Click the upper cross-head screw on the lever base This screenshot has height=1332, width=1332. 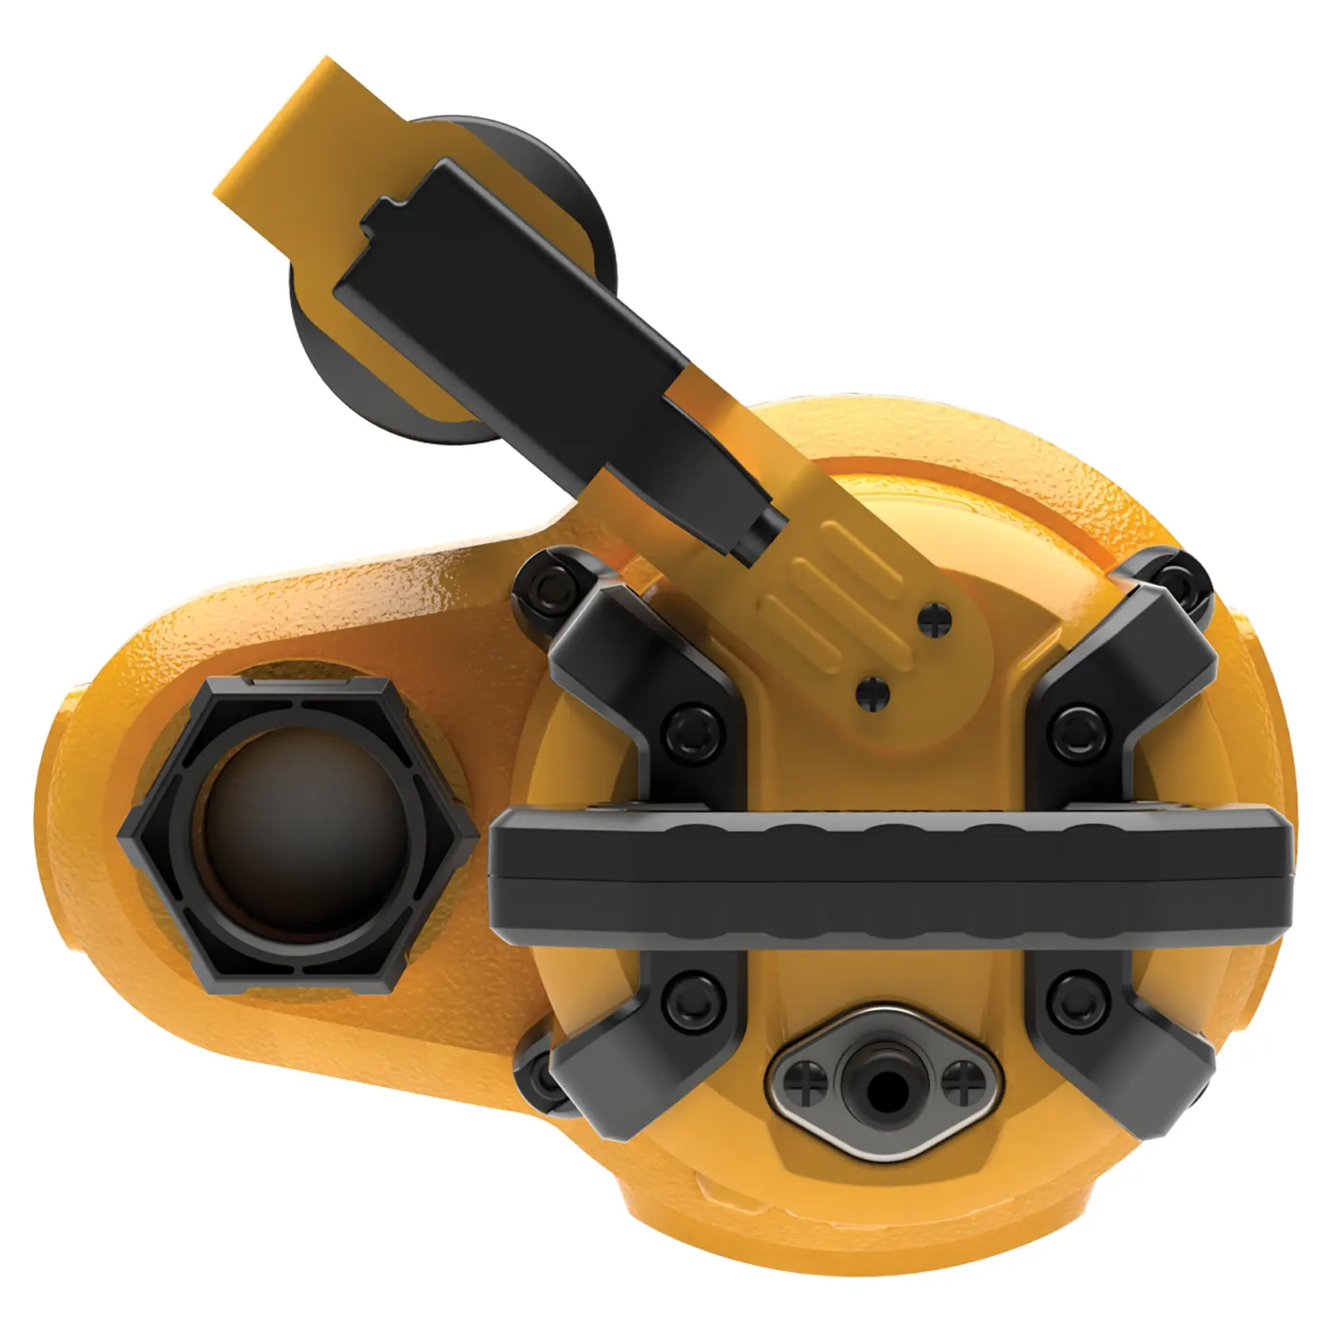[x=936, y=622]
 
